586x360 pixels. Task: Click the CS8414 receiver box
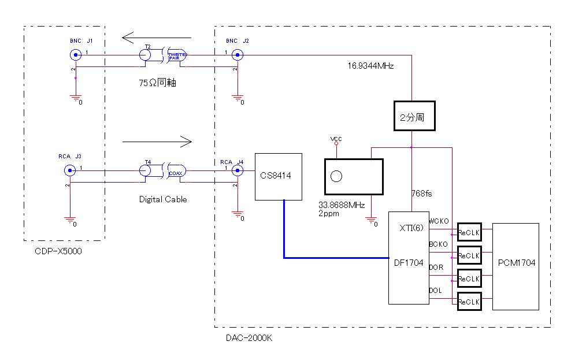(279, 176)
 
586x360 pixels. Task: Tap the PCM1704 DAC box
(515, 266)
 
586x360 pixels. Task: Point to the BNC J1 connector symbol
(75, 55)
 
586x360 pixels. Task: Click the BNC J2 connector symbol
(237, 55)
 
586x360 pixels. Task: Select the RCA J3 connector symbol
(69, 170)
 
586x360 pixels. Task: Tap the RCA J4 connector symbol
(237, 170)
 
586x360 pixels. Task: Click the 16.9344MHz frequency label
(370, 66)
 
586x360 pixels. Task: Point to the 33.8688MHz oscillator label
(342, 205)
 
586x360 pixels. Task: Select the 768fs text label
(422, 193)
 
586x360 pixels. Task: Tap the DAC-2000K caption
(249, 337)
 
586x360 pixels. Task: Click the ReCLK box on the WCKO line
(469, 232)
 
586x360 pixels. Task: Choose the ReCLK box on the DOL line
(469, 301)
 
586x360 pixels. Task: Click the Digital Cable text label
(163, 199)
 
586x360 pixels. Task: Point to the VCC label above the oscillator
(336, 139)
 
